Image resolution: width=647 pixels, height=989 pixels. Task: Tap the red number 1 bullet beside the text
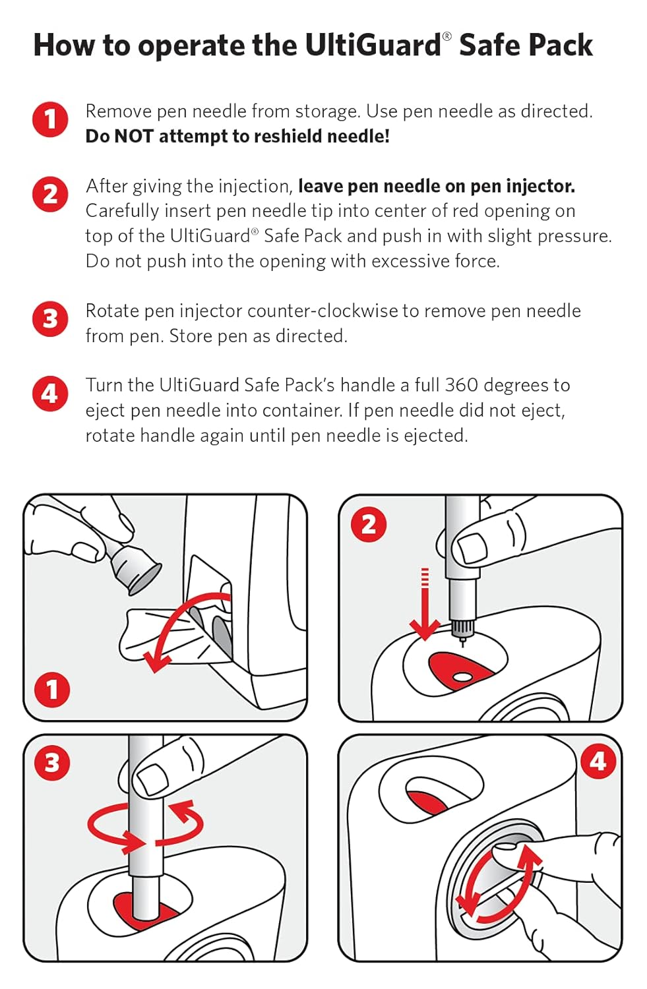click(x=50, y=120)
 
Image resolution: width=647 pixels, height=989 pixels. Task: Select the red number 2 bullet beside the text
click(x=50, y=195)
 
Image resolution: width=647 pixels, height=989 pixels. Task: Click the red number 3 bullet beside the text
click(x=50, y=319)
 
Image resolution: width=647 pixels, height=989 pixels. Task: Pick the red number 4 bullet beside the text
click(x=50, y=394)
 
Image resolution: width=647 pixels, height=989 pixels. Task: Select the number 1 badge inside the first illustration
click(x=52, y=690)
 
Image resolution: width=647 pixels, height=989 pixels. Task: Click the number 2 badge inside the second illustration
click(x=369, y=525)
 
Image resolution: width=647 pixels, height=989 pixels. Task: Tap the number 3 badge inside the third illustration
click(x=52, y=763)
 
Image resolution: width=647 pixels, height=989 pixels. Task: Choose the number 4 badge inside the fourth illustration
click(x=598, y=762)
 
